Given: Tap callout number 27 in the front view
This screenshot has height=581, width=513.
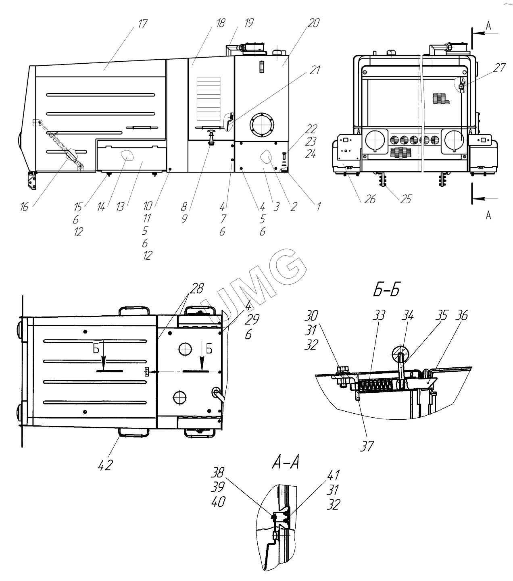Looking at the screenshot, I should pos(499,67).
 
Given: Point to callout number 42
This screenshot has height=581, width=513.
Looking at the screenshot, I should pos(105,465).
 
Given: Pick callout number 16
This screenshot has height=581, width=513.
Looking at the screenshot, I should pos(24,207).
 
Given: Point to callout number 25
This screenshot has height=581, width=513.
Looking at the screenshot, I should pos(406,199).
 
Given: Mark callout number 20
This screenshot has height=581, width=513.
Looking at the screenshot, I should pos(313,24).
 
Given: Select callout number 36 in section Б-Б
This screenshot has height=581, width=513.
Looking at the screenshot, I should pos(462,316).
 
